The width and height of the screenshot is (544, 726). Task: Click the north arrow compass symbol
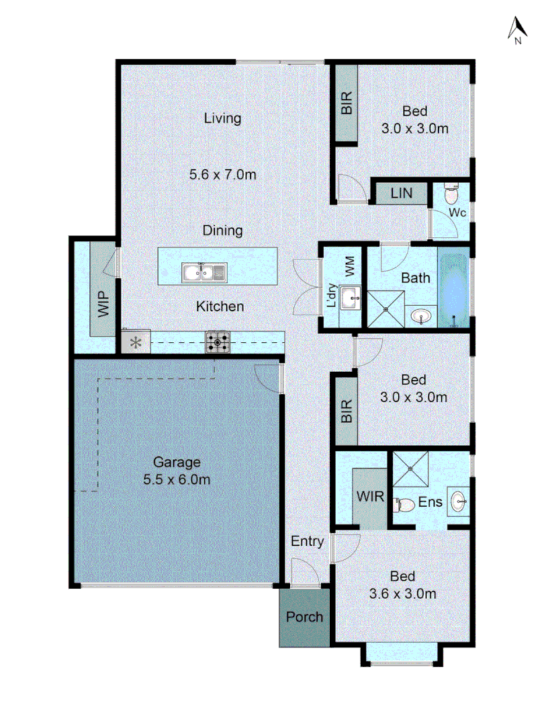coord(517,30)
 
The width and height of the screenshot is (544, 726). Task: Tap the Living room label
coord(222,118)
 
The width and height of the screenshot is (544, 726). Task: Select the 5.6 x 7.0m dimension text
coord(222,175)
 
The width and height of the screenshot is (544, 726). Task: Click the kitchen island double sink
coord(203,272)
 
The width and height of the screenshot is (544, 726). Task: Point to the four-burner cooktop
coord(218,343)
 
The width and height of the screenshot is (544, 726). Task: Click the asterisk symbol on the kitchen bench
coord(136,343)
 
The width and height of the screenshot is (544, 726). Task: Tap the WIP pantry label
coord(103,306)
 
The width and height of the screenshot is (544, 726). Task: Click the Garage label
coord(177,462)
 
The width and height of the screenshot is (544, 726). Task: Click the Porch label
coord(304,616)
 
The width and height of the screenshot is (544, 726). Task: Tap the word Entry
coord(308,541)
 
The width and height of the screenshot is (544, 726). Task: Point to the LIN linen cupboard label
coord(400,194)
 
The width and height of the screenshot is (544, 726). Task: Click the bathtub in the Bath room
coord(454,287)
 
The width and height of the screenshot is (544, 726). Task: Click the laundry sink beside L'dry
coord(350,296)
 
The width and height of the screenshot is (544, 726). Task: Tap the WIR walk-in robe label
coord(370,497)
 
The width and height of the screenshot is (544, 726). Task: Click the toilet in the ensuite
coord(402,503)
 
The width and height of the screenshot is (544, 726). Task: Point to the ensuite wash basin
coord(458,501)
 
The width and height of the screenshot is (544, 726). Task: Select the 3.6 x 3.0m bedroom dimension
coord(403,594)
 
